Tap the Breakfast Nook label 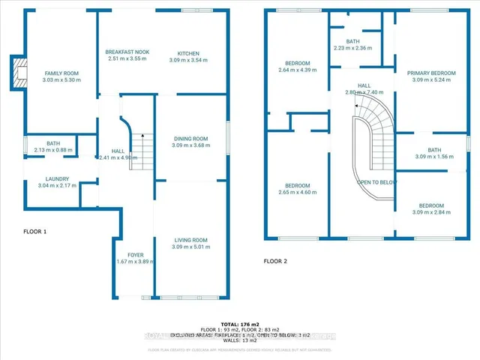pyautogui.click(x=128, y=52)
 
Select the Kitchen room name pyautogui.click(x=187, y=52)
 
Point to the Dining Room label pyautogui.click(x=189, y=139)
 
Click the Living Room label pyautogui.click(x=189, y=240)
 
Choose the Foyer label pyautogui.click(x=135, y=255)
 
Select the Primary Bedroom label pyautogui.click(x=431, y=73)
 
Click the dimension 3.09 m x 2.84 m pyautogui.click(x=431, y=213)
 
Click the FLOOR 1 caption pyautogui.click(x=35, y=232)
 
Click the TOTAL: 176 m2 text pyautogui.click(x=240, y=323)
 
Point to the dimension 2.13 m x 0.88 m pyautogui.click(x=52, y=149)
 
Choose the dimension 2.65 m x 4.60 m pyautogui.click(x=298, y=192)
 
